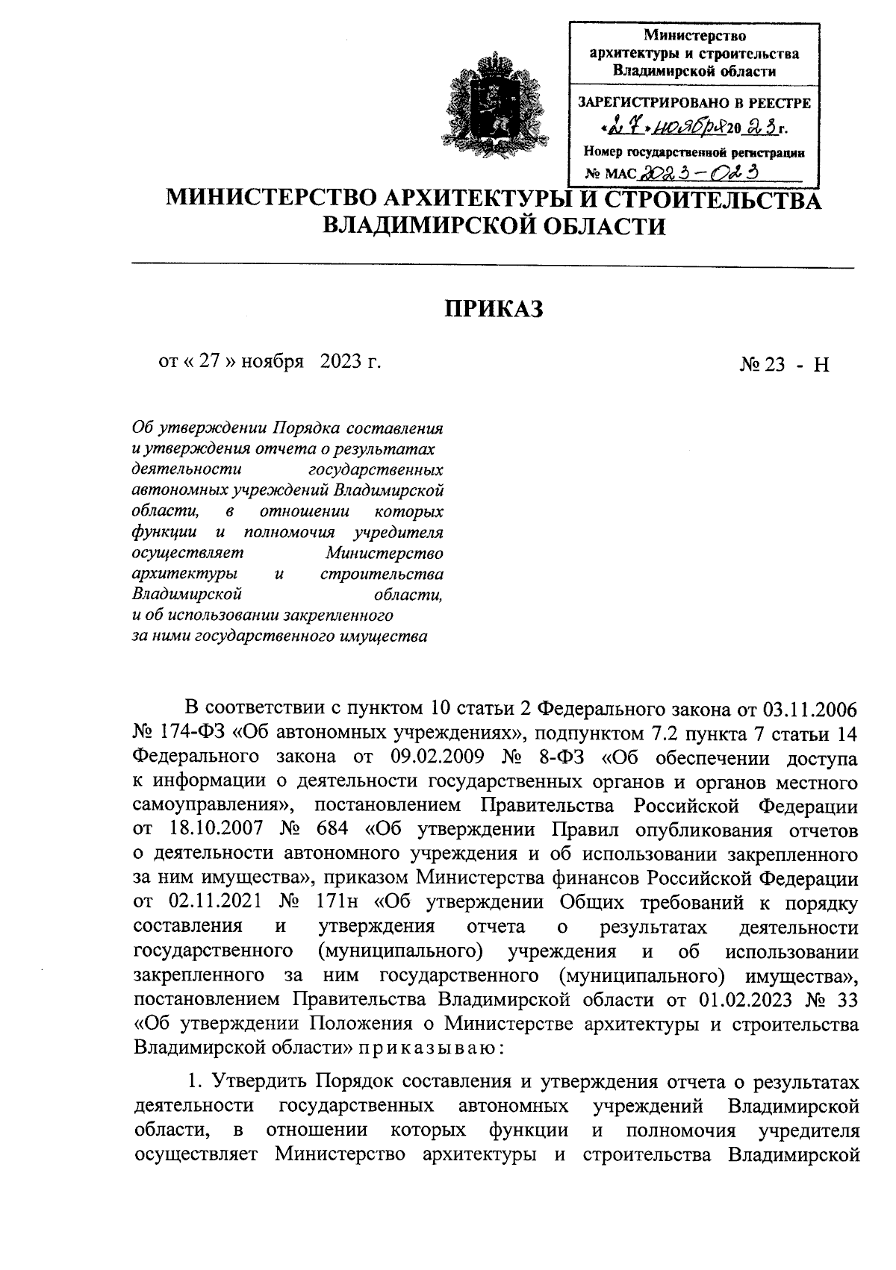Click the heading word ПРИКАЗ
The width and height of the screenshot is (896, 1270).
pos(494,308)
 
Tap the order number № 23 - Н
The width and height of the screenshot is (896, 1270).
pos(784,364)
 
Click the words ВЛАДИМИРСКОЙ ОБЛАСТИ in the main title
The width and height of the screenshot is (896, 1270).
pos(494,225)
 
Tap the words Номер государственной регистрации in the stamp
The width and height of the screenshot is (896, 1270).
pos(694,152)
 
